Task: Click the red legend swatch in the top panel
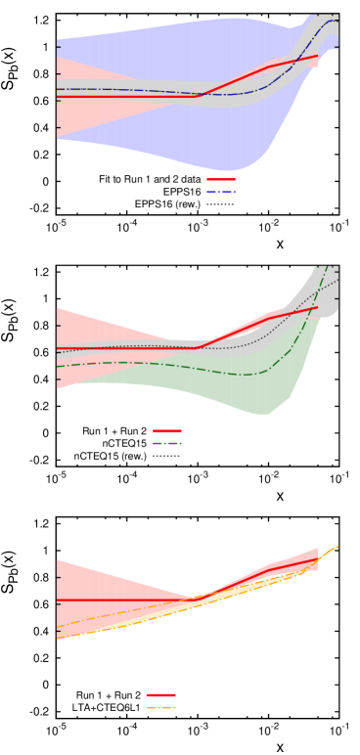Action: tap(221, 179)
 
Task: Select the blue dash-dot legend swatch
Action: tap(221, 192)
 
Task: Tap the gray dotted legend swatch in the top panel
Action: tap(221, 204)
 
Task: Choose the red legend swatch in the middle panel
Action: tap(167, 431)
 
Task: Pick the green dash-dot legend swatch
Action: tap(167, 444)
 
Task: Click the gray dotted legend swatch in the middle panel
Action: tap(167, 457)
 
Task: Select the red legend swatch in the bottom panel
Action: tap(160, 695)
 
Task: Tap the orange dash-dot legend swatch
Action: tap(160, 707)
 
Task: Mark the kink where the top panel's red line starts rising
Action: tap(198, 96)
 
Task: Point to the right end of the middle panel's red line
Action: tap(317, 307)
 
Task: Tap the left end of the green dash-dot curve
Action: tap(57, 367)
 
